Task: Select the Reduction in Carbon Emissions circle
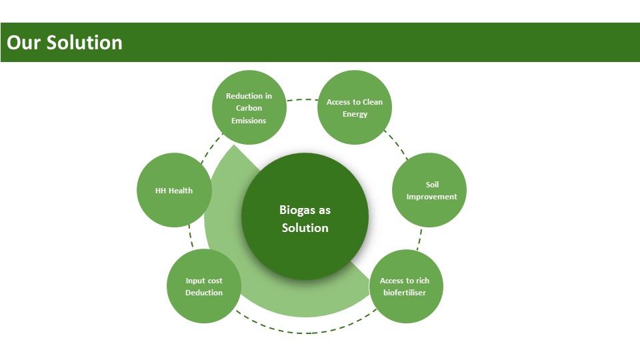[x=249, y=107]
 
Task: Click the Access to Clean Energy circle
[x=355, y=107]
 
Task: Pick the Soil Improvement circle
[x=429, y=190]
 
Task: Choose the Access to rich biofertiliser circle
[x=406, y=286]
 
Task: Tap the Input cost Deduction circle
[x=204, y=286]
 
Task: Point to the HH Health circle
[x=174, y=190]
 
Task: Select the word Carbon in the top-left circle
[x=249, y=108]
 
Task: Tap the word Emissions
[x=249, y=121]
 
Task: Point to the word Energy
[x=355, y=114]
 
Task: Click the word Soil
[x=432, y=184]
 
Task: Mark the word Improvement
[x=432, y=197]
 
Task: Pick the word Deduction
[x=204, y=293]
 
